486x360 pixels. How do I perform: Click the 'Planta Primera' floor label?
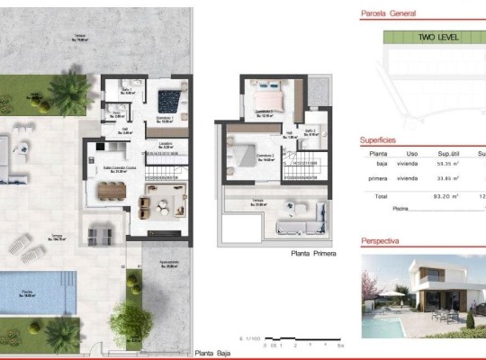coord(313,255)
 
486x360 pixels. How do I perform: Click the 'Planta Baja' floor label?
coord(213,353)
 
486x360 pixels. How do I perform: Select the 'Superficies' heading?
coord(379,140)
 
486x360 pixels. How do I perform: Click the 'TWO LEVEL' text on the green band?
coord(438,38)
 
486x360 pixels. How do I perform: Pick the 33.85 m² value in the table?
coord(448,179)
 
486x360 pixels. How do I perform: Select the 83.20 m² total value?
coord(447,195)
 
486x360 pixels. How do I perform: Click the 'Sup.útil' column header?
coord(449,154)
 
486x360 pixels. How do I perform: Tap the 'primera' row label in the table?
coord(378,179)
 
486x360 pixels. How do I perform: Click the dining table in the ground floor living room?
coord(112,190)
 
